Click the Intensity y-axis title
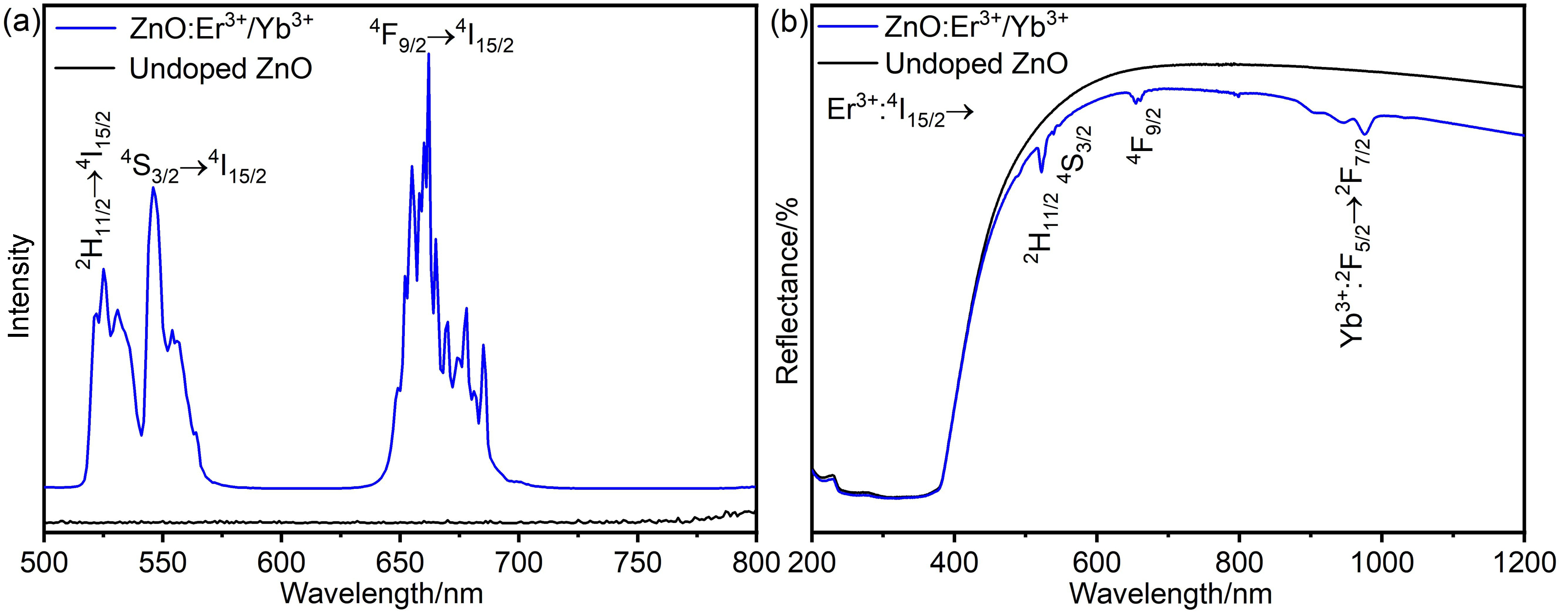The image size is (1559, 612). (x=20, y=286)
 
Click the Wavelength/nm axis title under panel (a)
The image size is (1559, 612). (x=382, y=594)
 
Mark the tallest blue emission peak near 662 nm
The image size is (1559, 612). (x=428, y=54)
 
